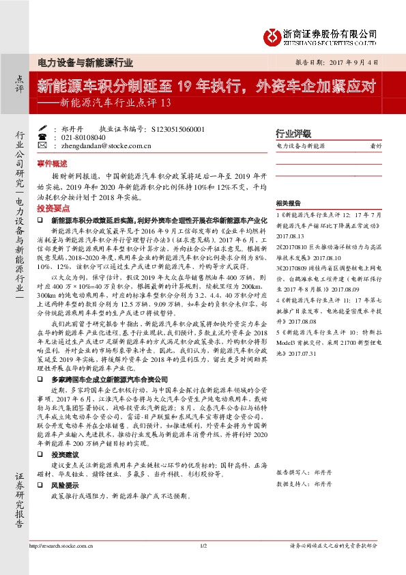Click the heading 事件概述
52,164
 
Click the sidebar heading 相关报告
287,204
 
